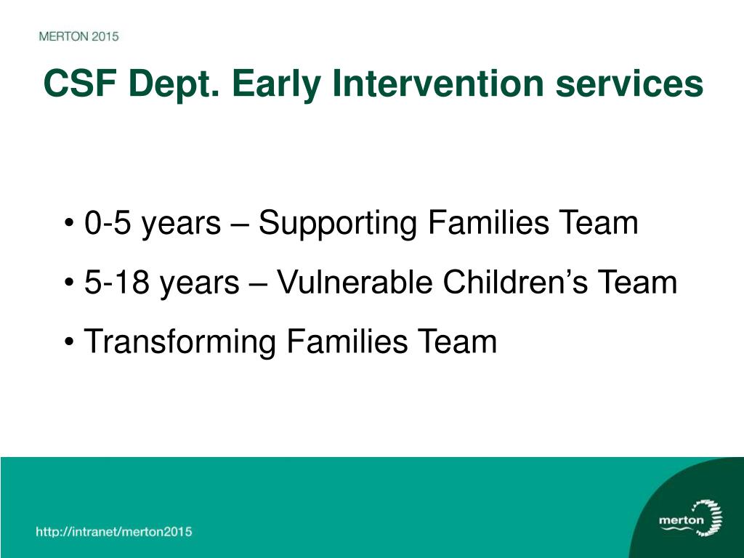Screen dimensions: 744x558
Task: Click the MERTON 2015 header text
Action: (78, 36)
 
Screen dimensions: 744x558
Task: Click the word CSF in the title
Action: (80, 83)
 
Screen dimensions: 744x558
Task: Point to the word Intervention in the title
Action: (438, 83)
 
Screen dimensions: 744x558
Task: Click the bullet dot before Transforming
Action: (69, 341)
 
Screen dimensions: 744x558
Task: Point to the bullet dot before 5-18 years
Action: (69, 283)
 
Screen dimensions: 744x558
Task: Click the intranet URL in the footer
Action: (114, 531)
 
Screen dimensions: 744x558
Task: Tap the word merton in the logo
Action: (682, 520)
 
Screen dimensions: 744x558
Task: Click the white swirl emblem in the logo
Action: (709, 518)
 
